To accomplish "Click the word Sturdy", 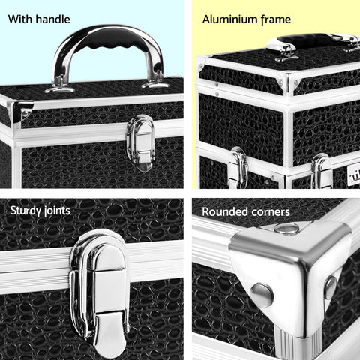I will click(x=26, y=211).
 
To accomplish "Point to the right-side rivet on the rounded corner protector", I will click(x=330, y=286).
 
